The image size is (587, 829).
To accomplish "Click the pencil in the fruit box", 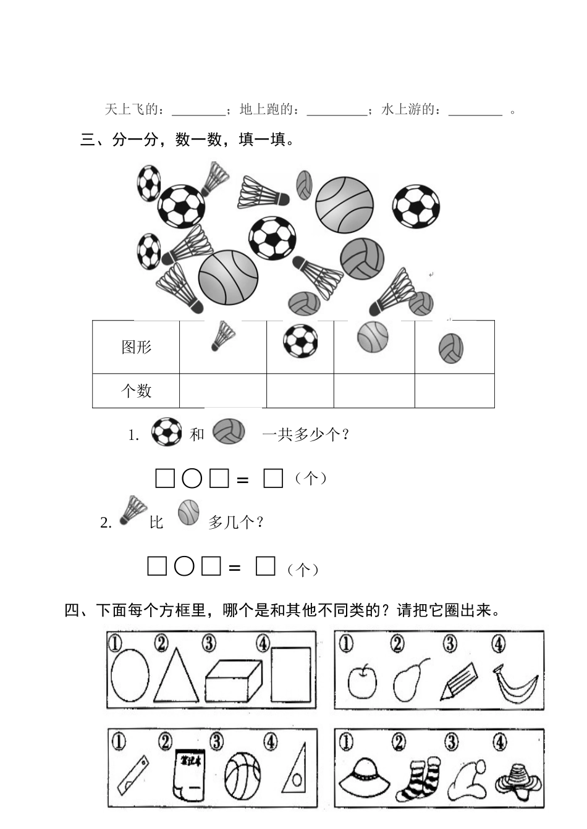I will (x=458, y=681).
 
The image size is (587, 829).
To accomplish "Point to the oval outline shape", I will (x=130, y=675).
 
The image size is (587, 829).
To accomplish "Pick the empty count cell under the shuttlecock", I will (x=222, y=390).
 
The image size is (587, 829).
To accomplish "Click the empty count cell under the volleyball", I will (x=454, y=390).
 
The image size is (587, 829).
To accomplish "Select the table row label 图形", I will (x=136, y=347).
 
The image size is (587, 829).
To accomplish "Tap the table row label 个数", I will (x=136, y=390).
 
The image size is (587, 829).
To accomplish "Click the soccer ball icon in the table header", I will (x=300, y=341).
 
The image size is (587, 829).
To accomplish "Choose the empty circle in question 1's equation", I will (x=192, y=479).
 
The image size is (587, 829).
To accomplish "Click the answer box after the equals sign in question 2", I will (x=265, y=566).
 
